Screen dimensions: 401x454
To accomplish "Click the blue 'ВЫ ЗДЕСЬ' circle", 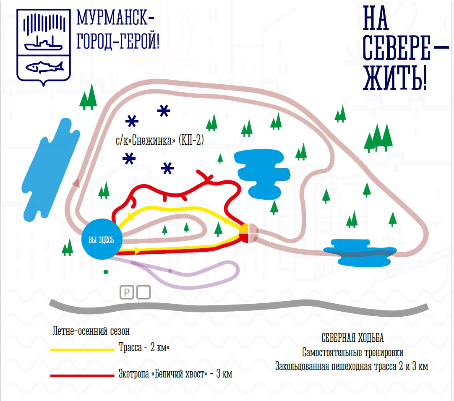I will coord(101,240).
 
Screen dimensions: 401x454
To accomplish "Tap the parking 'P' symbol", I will coord(126,292).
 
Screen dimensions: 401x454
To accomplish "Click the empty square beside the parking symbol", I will coord(144,292).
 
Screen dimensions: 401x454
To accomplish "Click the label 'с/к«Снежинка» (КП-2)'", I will coord(160,141).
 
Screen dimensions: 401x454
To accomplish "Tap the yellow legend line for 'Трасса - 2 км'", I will coord(82,349).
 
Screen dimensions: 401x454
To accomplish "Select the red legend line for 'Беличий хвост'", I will coord(82,375).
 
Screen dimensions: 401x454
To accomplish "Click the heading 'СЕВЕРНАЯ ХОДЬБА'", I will coord(352,338).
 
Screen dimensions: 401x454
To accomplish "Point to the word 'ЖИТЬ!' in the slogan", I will coord(395,78).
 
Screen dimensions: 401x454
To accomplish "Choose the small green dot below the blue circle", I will coord(106,272).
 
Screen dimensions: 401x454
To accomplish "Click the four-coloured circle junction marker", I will coord(247,233).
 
